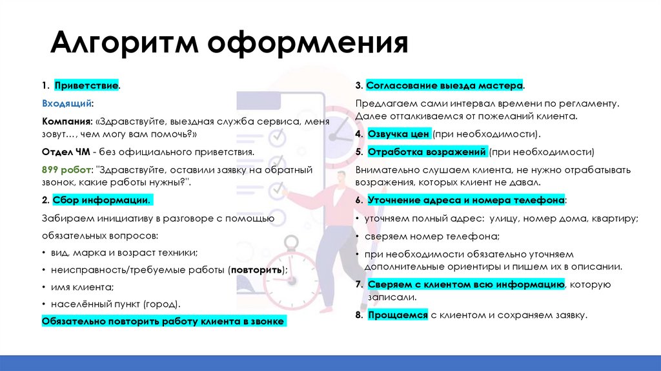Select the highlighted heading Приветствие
[x=86, y=85]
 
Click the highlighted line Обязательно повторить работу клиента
[x=163, y=321]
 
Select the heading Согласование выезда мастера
[x=445, y=85]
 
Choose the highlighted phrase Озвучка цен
[x=398, y=134]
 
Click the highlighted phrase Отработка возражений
[x=427, y=152]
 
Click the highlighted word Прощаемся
[x=398, y=315]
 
